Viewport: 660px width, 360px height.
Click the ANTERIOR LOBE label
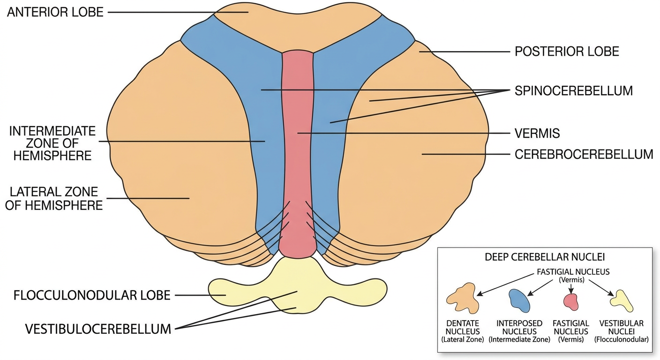click(55, 12)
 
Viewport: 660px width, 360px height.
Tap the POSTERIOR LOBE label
click(567, 52)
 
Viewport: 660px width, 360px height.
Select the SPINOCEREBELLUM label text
click(574, 91)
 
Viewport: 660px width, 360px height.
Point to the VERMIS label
click(537, 134)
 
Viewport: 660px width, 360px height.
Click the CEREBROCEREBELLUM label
click(584, 154)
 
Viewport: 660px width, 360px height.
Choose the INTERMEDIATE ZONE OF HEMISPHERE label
click(52, 143)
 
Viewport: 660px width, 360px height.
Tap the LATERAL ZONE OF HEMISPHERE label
click(54, 199)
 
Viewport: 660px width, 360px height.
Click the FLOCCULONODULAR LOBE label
click(92, 295)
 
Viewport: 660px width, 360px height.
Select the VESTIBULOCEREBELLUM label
click(98, 329)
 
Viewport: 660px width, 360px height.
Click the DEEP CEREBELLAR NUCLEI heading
click(545, 257)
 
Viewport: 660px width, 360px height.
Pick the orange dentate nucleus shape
click(463, 299)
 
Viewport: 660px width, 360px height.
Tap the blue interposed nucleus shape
click(519, 300)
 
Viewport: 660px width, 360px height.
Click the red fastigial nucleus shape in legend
click(571, 302)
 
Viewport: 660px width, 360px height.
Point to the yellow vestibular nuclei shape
click(622, 301)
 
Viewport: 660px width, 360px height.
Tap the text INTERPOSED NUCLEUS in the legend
click(519, 327)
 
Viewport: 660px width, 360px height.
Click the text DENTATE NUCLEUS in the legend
click(463, 327)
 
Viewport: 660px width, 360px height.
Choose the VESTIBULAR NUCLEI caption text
click(622, 327)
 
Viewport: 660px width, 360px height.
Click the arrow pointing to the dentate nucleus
click(505, 284)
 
